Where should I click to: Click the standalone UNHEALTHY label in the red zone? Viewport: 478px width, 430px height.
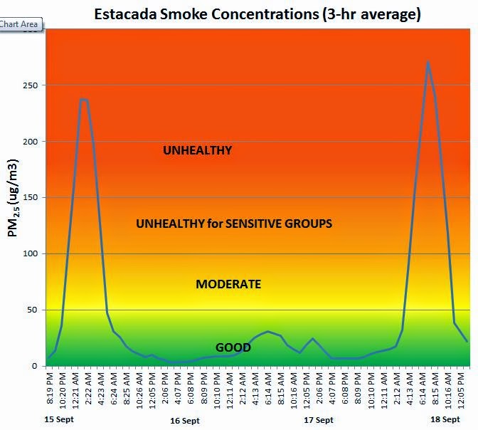(x=197, y=150)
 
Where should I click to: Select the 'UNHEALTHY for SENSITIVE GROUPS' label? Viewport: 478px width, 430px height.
(x=234, y=224)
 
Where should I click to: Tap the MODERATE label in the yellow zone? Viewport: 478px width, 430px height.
(x=228, y=284)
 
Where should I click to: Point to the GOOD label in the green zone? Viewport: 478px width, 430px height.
(x=233, y=347)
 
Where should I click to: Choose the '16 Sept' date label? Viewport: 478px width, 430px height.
(x=185, y=421)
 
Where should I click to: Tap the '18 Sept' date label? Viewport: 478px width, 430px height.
(x=447, y=419)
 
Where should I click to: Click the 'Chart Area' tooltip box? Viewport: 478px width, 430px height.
(x=21, y=24)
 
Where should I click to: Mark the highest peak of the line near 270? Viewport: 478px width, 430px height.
(x=427, y=62)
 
